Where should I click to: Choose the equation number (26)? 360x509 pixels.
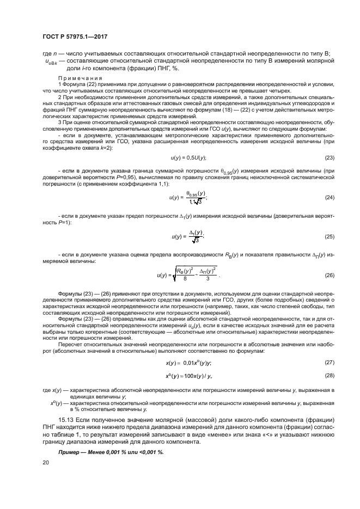pos(329,275)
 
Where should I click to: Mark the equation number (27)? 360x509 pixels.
pos(329,362)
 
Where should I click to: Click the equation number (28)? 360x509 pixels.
pos(329,376)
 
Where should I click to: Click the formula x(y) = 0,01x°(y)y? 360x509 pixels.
pos(188,363)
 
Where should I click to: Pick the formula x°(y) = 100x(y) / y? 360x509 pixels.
pos(188,376)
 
